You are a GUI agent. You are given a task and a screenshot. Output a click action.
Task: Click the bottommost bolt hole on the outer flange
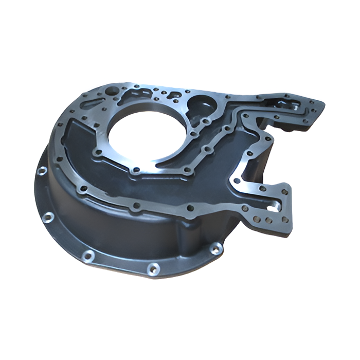(153, 268)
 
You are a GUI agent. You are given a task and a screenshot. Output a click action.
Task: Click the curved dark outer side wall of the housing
(103, 226)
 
